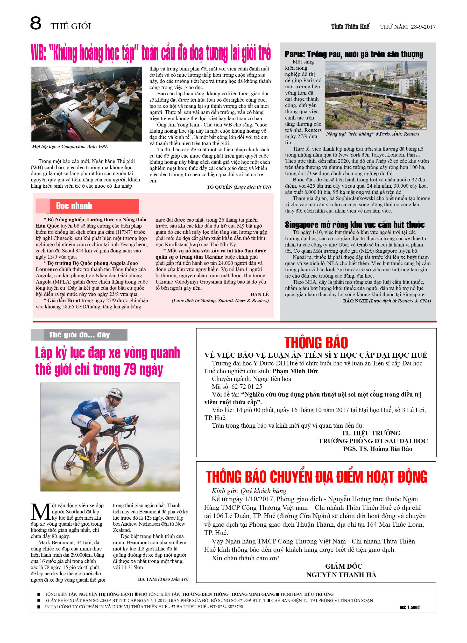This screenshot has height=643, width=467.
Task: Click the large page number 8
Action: pyautogui.click(x=36, y=23)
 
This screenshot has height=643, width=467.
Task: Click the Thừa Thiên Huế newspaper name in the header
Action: pyautogui.click(x=350, y=27)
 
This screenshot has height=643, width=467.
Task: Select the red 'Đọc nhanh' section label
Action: pyautogui.click(x=74, y=206)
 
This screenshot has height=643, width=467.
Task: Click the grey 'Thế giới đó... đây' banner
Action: pyautogui.click(x=79, y=335)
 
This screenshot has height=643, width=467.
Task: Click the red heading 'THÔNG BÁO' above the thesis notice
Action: pyautogui.click(x=316, y=343)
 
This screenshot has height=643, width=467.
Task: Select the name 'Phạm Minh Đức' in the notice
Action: pyautogui.click(x=295, y=371)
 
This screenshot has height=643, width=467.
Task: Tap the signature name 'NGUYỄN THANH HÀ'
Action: pyautogui.click(x=341, y=575)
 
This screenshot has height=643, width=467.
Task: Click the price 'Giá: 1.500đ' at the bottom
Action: pyautogui.click(x=409, y=607)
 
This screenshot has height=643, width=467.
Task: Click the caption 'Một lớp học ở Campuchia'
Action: pyautogui.click(x=70, y=147)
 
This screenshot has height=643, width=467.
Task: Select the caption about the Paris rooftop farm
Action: pyautogui.click(x=372, y=134)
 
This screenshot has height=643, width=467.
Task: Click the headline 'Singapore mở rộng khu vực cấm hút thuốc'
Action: pyautogui.click(x=355, y=225)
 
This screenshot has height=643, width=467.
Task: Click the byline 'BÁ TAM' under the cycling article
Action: pyautogui.click(x=147, y=579)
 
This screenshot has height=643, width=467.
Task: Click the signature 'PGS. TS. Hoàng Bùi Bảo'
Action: pyautogui.click(x=377, y=449)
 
